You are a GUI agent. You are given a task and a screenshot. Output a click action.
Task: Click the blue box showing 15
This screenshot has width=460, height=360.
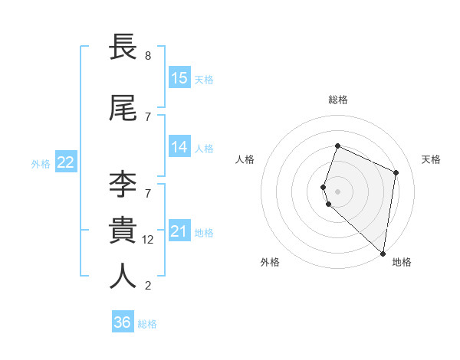[179, 78]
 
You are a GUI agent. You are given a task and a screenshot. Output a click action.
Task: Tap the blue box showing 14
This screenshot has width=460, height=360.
[179, 147]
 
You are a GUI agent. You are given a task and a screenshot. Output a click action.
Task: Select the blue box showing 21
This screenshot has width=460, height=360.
[179, 231]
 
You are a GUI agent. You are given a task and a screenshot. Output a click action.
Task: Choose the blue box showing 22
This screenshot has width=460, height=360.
[66, 162]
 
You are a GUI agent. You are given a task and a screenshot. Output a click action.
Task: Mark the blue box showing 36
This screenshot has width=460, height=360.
[123, 322]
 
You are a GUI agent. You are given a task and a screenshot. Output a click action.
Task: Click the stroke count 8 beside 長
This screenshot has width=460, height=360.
[148, 56]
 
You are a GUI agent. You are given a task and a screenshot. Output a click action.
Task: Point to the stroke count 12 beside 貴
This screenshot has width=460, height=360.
[149, 239]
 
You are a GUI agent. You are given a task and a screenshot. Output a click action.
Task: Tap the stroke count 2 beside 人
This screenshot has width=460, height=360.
[148, 286]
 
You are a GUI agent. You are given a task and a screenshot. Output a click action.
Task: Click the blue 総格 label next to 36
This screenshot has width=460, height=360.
[147, 324]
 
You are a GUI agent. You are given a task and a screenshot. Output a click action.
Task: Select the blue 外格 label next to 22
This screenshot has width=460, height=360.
[41, 163]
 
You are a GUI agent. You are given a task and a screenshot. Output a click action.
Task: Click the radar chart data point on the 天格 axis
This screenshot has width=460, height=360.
[396, 172]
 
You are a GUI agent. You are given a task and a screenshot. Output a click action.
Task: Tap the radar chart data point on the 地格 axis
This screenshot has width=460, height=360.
[383, 254]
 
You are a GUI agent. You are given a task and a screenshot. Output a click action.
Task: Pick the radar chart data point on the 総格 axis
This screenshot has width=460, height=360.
[337, 146]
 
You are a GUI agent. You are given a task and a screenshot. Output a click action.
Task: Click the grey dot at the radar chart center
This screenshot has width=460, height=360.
[337, 191]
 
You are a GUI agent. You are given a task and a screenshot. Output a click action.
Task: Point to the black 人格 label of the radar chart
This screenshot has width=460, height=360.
[245, 159]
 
